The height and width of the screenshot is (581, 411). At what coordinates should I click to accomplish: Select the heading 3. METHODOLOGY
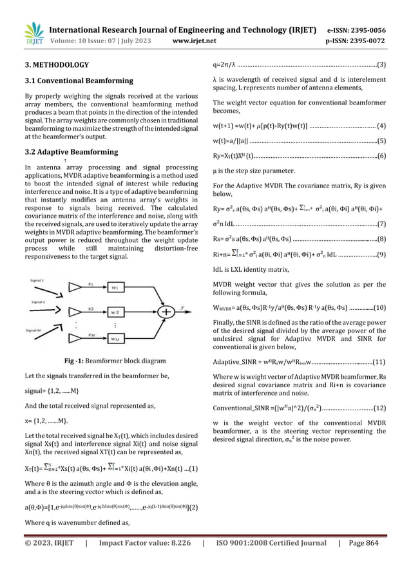point(53,64)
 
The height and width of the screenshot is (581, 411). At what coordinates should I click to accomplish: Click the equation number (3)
point(381,64)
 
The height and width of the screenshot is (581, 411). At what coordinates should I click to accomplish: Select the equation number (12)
point(380,425)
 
